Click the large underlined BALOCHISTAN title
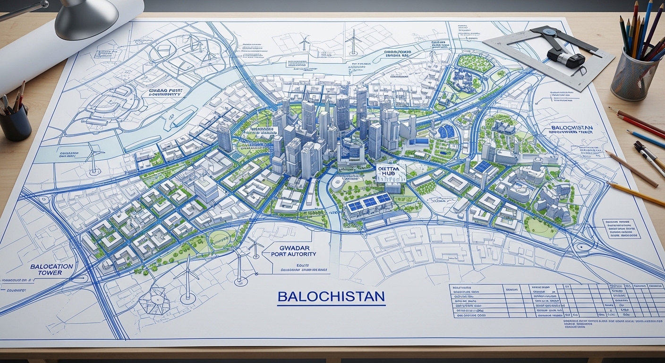(331, 297)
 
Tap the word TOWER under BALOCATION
(51, 273)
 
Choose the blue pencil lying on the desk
(647, 139)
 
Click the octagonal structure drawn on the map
(154, 300)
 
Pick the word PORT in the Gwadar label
(280, 254)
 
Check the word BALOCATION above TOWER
(51, 267)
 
